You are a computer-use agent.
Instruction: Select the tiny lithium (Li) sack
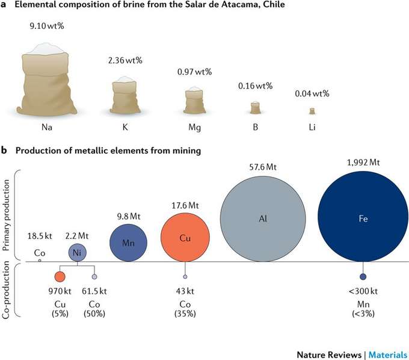(x=312, y=111)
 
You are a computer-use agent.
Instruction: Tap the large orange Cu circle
(x=185, y=238)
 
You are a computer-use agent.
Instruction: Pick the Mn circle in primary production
(x=128, y=243)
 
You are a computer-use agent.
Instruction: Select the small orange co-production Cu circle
(x=60, y=276)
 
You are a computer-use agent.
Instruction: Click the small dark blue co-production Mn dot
(x=363, y=276)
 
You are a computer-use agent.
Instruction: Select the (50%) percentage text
(x=94, y=314)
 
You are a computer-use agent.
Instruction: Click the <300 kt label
(x=363, y=292)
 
